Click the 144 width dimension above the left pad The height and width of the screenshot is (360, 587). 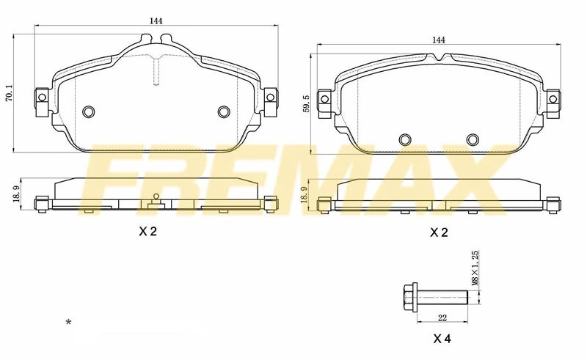click(x=156, y=21)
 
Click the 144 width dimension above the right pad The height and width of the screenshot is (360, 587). click(x=438, y=40)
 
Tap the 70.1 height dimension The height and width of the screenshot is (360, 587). click(x=10, y=93)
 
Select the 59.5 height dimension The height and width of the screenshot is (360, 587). click(x=307, y=103)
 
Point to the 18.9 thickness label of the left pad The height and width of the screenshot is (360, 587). click(x=15, y=194)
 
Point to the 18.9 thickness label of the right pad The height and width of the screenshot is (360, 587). click(x=304, y=195)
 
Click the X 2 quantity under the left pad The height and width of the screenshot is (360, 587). click(x=148, y=232)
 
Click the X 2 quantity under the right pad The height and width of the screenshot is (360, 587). click(x=439, y=232)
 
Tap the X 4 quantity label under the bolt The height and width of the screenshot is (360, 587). click(x=442, y=339)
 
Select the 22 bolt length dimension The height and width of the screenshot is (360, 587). click(x=442, y=318)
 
